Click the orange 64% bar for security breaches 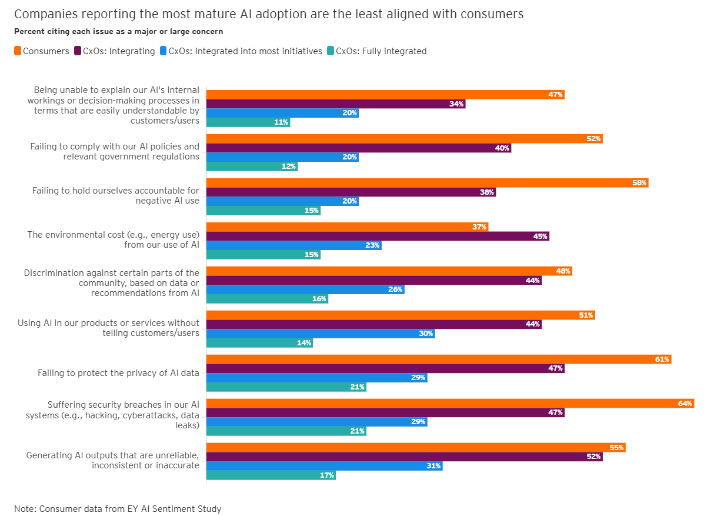450,403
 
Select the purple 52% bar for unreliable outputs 404,457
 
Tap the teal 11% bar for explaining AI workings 248,122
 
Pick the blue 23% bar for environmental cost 293,245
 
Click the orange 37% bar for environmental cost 347,227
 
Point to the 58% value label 639,183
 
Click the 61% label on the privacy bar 662,359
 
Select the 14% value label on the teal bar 305,343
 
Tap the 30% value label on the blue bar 426,334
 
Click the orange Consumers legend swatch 18,51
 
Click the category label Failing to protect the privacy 118,372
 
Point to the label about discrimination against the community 112,283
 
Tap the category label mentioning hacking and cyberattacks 112,415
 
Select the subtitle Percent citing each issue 118,31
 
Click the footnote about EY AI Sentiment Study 118,508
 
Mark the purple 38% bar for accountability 351,192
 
